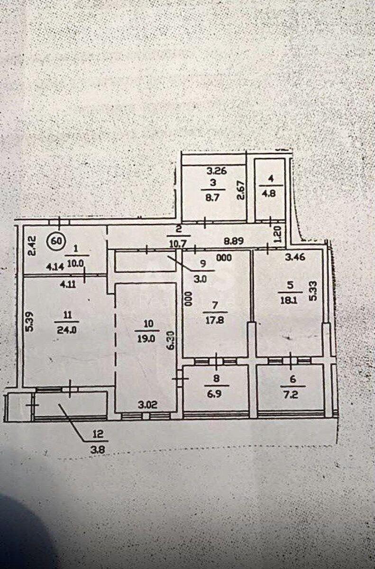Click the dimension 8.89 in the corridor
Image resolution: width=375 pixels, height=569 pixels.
pos(235,240)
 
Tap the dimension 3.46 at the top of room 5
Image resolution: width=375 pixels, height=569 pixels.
pos(295,259)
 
